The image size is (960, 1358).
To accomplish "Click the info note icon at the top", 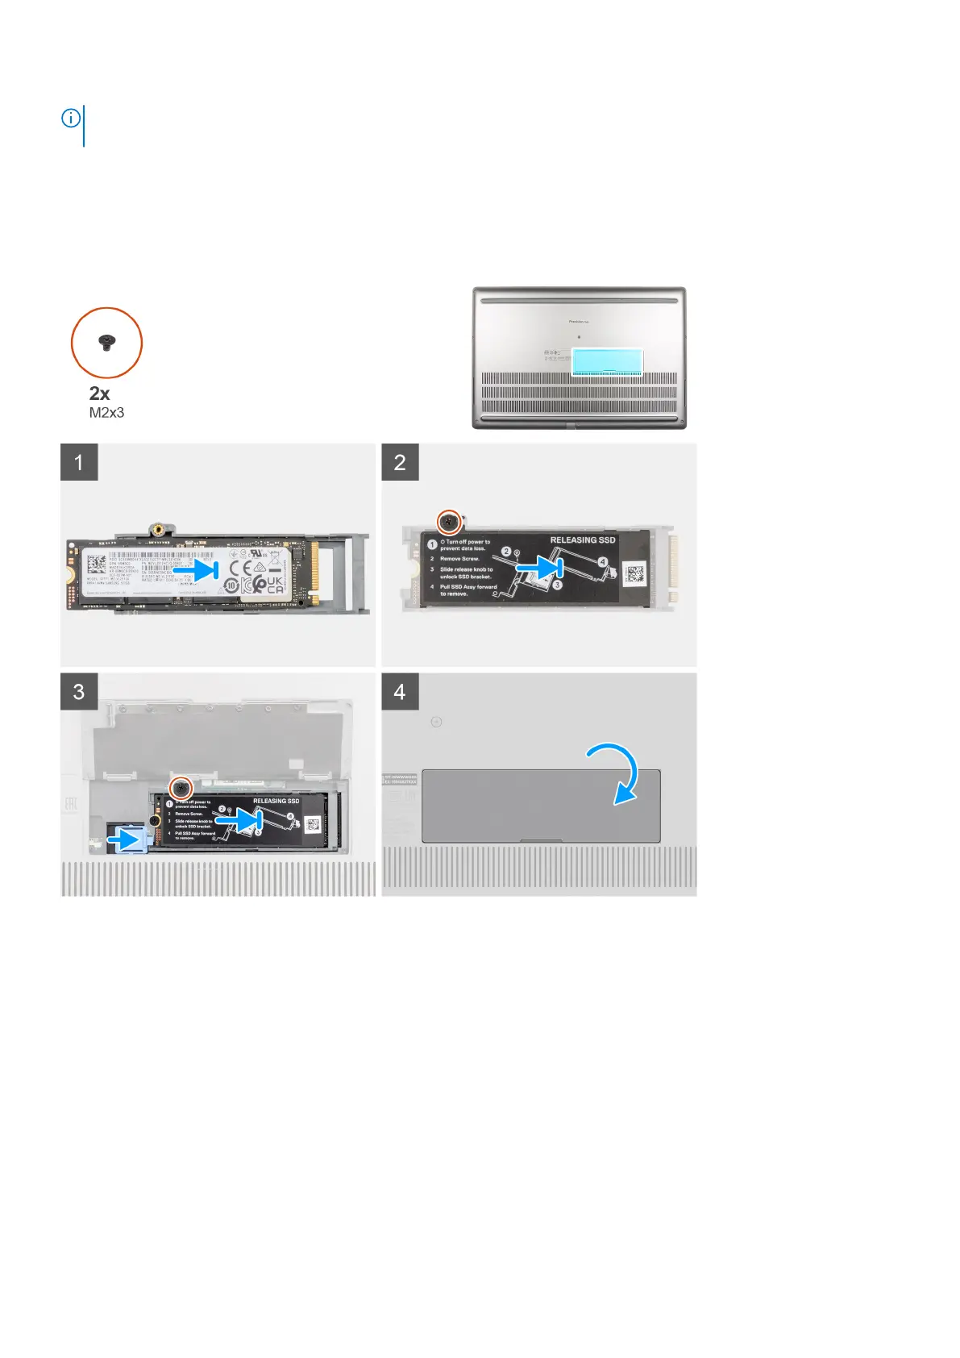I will click(x=71, y=119).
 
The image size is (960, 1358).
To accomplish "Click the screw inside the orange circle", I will click(x=106, y=343).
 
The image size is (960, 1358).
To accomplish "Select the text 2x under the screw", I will click(x=99, y=394).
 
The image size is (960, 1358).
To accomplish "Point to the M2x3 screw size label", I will click(x=106, y=413).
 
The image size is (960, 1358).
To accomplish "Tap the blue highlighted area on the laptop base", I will click(x=607, y=362).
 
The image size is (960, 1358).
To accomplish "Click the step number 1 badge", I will click(x=79, y=462).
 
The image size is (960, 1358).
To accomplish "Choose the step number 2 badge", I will click(x=400, y=462).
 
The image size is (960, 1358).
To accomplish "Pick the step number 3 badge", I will click(x=79, y=692).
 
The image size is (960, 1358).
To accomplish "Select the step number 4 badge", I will click(x=400, y=692).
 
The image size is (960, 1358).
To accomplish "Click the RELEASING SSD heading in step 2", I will click(x=582, y=540).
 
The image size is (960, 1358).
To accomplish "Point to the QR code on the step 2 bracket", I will click(x=634, y=574).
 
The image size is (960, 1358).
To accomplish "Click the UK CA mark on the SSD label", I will click(x=274, y=585).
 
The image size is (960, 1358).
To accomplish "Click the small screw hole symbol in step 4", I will click(x=436, y=722).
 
